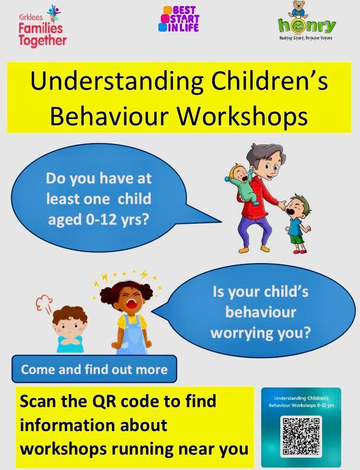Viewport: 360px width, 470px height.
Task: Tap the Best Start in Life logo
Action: tap(179, 19)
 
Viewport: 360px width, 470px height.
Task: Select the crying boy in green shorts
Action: tap(297, 224)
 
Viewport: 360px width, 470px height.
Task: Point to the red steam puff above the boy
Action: tap(44, 303)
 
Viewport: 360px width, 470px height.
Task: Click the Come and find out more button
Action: tap(94, 369)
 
